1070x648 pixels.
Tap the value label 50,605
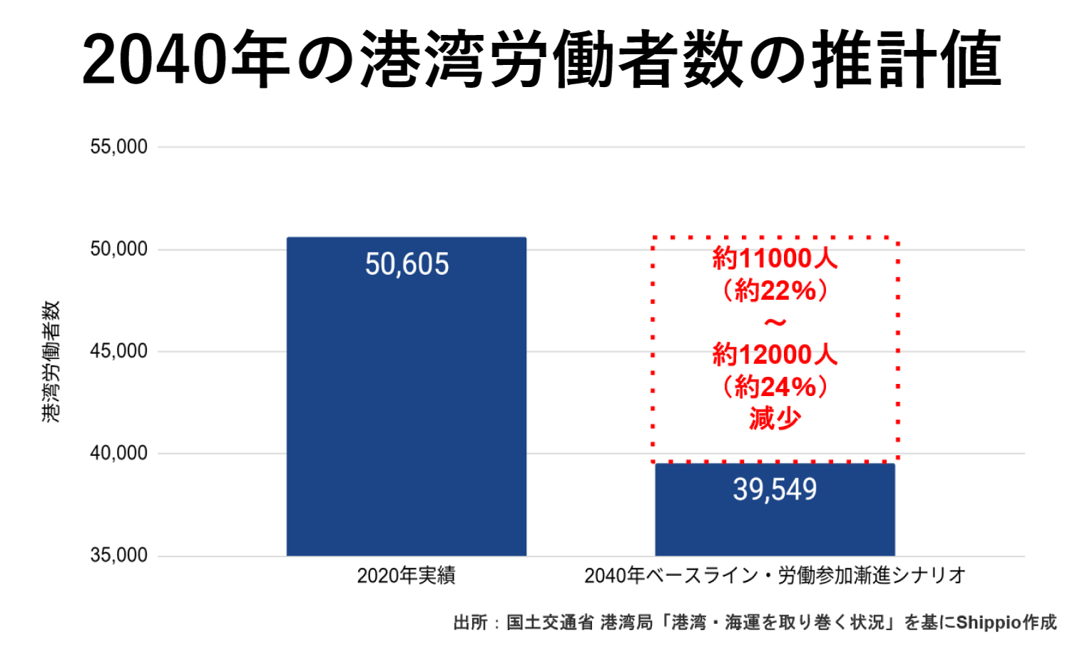coord(407,264)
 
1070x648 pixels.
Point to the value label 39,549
coord(775,490)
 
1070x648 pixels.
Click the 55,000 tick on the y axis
coord(118,147)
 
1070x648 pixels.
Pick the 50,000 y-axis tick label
coord(118,249)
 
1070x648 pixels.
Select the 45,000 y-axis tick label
coord(118,351)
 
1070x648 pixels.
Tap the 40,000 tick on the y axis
coord(118,453)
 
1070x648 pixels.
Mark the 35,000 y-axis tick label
coord(118,555)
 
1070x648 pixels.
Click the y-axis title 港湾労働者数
coord(51,361)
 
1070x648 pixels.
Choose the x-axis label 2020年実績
coord(406,575)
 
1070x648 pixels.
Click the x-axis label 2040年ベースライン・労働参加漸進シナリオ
coord(775,575)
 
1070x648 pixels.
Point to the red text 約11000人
coord(775,258)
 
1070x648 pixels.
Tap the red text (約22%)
coord(775,290)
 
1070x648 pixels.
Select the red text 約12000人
coord(775,354)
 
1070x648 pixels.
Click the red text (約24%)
coord(775,387)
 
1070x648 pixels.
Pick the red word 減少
coord(775,419)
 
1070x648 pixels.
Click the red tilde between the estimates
coord(775,323)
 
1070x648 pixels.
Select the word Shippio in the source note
coord(988,622)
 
